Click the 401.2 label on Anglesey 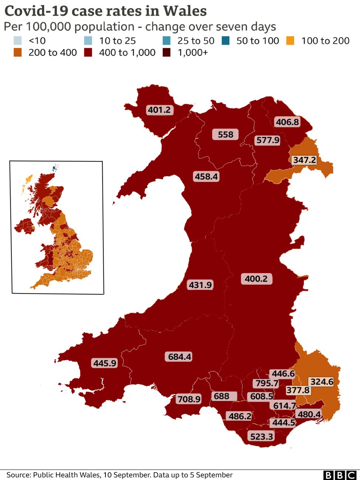[x=159, y=110]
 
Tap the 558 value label [x=225, y=135]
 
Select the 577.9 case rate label [x=268, y=141]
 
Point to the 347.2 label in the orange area [x=304, y=160]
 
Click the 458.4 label [x=206, y=177]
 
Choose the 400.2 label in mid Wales [x=256, y=279]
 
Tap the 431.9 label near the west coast [x=200, y=285]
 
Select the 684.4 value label [x=180, y=357]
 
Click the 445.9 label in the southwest [x=105, y=363]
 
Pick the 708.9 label [x=189, y=399]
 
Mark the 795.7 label [x=267, y=383]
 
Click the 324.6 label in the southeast [x=322, y=382]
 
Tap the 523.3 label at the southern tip [x=262, y=437]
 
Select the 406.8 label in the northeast [x=287, y=122]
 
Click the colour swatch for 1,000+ [x=167, y=52]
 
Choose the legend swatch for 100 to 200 [x=290, y=41]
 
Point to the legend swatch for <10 [x=17, y=41]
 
